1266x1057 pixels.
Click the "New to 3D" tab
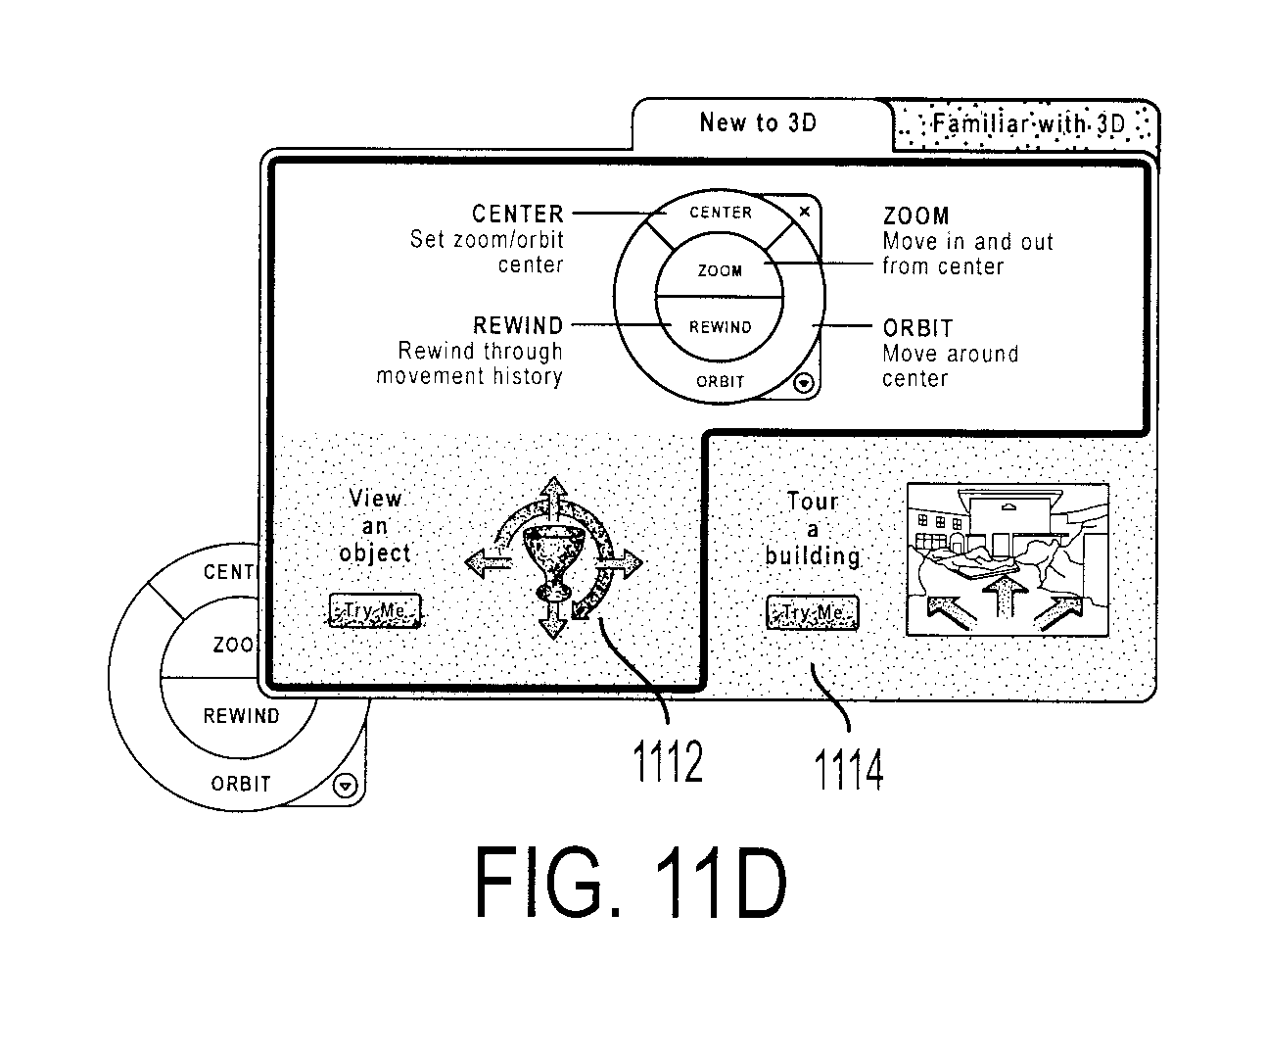(x=758, y=122)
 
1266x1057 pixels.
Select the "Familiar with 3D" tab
(x=1027, y=125)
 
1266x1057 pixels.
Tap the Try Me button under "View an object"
(x=375, y=610)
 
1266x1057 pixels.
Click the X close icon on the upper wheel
(x=805, y=212)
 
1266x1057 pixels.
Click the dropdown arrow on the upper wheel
(x=804, y=383)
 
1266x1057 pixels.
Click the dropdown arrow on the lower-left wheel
(x=345, y=787)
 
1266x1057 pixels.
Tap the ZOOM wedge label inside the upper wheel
(x=720, y=270)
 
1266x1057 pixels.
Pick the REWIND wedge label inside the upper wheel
(x=720, y=327)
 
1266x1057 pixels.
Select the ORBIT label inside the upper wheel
(x=720, y=382)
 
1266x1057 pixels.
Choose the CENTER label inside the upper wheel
(x=721, y=213)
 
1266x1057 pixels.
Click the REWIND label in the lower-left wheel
(x=241, y=716)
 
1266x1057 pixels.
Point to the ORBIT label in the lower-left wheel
(x=241, y=784)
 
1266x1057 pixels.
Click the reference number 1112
(x=668, y=761)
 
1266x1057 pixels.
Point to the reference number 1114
(x=848, y=769)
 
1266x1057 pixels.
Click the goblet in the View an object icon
(x=552, y=562)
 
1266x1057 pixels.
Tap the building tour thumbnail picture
(x=1008, y=559)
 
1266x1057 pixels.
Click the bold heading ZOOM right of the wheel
(x=915, y=216)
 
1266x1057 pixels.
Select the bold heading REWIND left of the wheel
(x=518, y=326)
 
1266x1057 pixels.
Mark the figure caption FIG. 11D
(x=631, y=883)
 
